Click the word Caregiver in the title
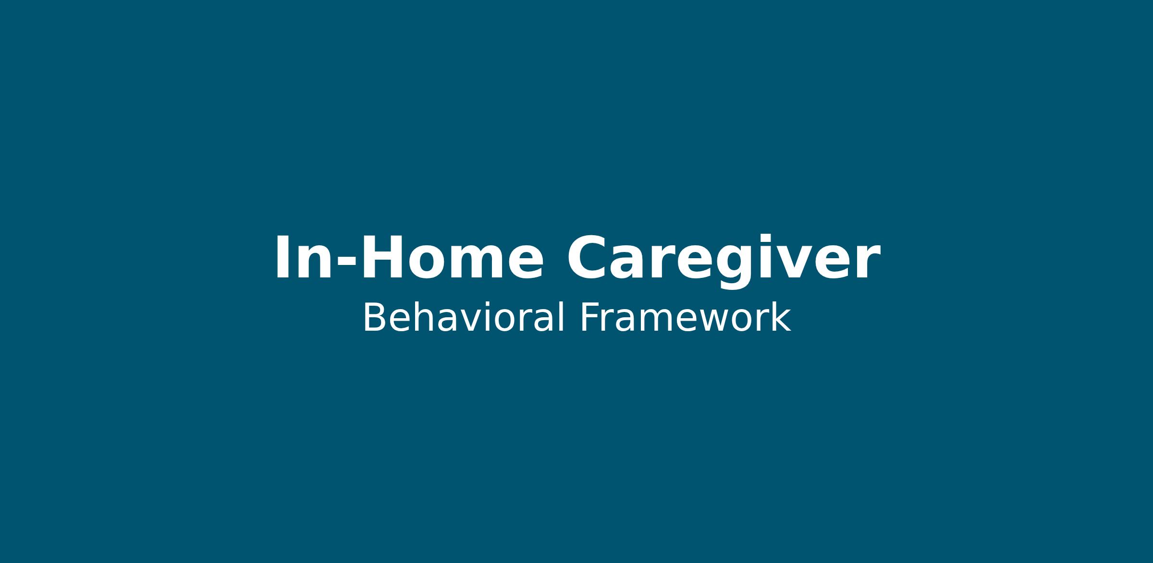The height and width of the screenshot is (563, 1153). [x=724, y=262]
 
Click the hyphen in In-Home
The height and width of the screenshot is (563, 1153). [x=346, y=263]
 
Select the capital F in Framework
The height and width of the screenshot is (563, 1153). [x=589, y=317]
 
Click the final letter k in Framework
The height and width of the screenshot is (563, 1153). [x=781, y=317]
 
